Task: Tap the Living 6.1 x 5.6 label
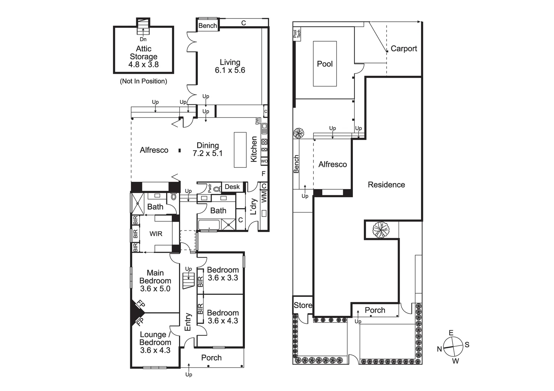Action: point(230,66)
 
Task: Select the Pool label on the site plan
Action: point(325,64)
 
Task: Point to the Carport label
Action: point(404,49)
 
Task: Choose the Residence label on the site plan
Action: point(386,185)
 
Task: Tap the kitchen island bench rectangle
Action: point(240,150)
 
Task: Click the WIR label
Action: point(156,234)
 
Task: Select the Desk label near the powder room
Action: point(232,187)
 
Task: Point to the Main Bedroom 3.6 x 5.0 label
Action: point(155,281)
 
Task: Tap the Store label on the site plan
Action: point(303,305)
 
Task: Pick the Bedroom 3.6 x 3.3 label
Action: point(222,274)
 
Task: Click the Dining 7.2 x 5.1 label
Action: point(208,149)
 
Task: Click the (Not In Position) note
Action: point(143,81)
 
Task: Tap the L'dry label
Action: point(254,206)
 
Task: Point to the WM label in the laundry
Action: point(264,198)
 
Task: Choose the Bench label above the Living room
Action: point(208,26)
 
